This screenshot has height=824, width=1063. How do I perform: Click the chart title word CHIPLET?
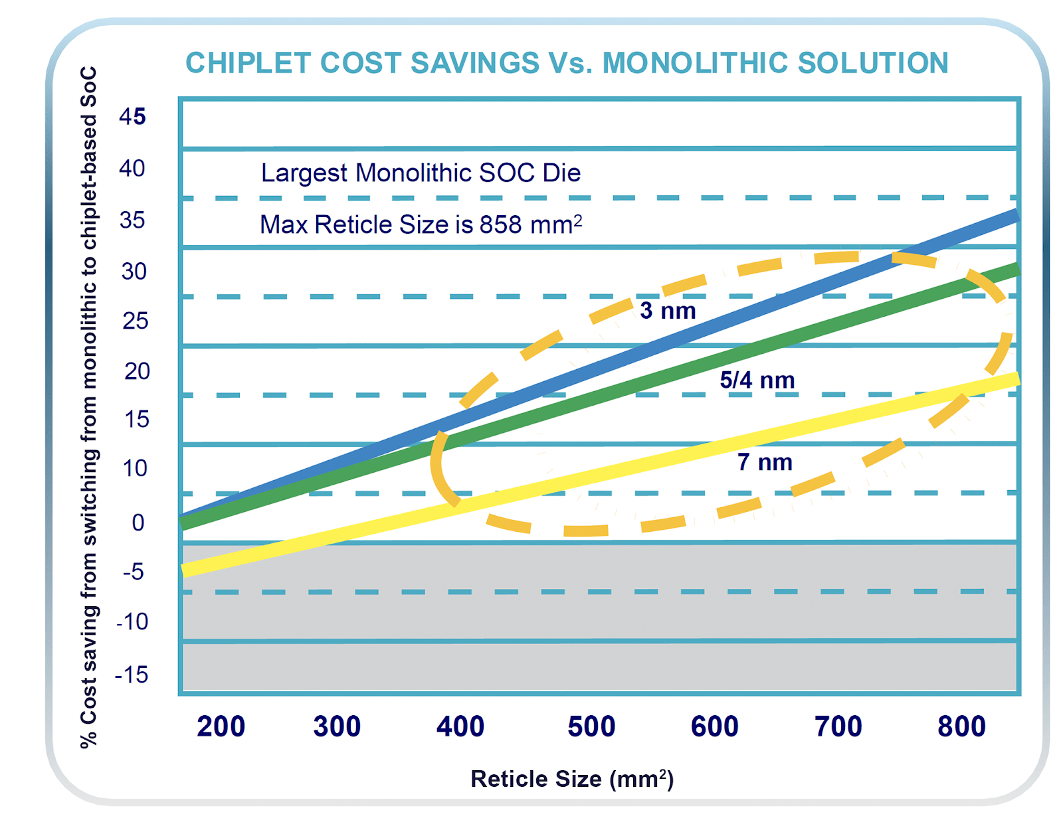(249, 63)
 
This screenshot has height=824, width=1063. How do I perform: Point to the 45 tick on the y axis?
(132, 117)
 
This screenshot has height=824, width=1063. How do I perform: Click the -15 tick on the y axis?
(132, 675)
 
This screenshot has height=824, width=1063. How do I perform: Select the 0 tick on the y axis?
(138, 523)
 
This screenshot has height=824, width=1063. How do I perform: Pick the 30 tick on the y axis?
(134, 272)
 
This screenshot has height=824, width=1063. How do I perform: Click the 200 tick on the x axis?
(221, 726)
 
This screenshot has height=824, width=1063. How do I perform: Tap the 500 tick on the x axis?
(591, 726)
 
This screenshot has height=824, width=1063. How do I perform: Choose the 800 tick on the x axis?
(961, 726)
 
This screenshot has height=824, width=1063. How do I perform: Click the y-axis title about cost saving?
(89, 406)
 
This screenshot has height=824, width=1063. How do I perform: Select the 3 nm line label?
(668, 311)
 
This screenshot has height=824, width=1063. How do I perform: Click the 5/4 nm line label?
(757, 380)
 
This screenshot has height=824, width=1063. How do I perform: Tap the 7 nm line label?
(765, 462)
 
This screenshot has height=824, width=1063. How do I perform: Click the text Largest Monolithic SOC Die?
(421, 173)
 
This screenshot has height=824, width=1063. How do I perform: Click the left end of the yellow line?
(185, 570)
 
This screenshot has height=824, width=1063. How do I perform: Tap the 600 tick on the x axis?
(715, 726)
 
